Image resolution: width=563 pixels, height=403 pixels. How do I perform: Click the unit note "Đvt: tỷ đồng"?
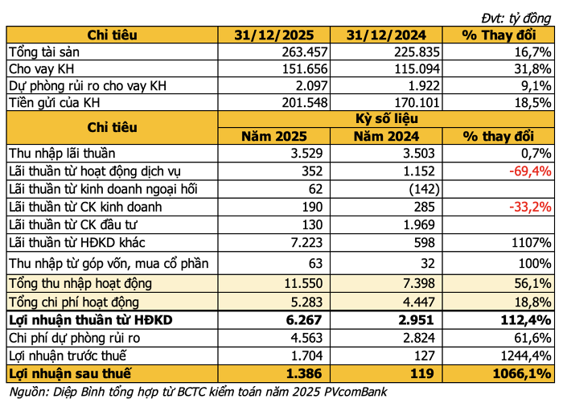pyautogui.click(x=516, y=19)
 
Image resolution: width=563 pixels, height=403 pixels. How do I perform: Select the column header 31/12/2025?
pyautogui.click(x=274, y=35)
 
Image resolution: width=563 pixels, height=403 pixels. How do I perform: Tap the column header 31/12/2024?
pyautogui.click(x=386, y=35)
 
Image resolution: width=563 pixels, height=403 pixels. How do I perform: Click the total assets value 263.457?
pyautogui.click(x=305, y=52)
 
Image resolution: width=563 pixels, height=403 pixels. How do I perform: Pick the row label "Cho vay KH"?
pyautogui.click(x=42, y=69)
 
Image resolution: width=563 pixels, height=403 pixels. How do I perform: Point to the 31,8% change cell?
pyautogui.click(x=532, y=69)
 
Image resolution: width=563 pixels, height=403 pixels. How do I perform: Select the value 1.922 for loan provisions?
pyautogui.click(x=417, y=86)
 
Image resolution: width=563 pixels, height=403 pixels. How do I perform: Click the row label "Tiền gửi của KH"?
pyautogui.click(x=54, y=103)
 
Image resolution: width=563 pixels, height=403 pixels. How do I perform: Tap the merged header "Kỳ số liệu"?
pyautogui.click(x=386, y=119)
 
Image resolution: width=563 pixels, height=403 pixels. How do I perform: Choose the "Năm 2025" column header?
pyautogui.click(x=274, y=137)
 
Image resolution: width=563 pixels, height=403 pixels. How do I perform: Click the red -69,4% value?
pyautogui.click(x=530, y=171)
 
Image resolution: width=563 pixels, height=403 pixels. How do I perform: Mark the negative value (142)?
pyautogui.click(x=424, y=189)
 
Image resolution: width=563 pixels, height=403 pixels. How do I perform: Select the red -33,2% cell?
pyautogui.click(x=530, y=208)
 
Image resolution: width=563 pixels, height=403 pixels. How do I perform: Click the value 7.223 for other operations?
pyautogui.click(x=306, y=243)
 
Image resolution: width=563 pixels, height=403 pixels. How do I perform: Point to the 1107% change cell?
pyautogui.click(x=532, y=243)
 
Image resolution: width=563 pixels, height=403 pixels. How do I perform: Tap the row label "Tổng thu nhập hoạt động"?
pyautogui.click(x=80, y=284)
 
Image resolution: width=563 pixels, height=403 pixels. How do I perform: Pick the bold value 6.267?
pyautogui.click(x=304, y=320)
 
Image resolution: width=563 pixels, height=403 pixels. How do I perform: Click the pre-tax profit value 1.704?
pyautogui.click(x=306, y=356)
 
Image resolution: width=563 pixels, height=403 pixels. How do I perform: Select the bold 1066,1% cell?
pyautogui.click(x=522, y=374)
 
